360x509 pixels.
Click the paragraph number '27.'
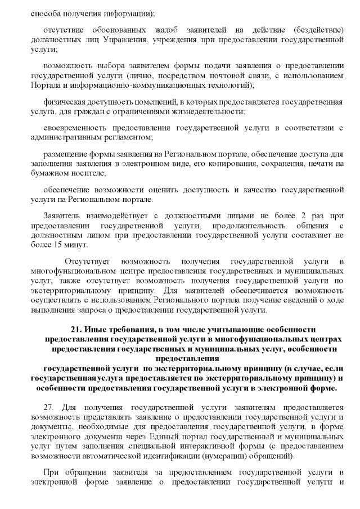click(x=49, y=406)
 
